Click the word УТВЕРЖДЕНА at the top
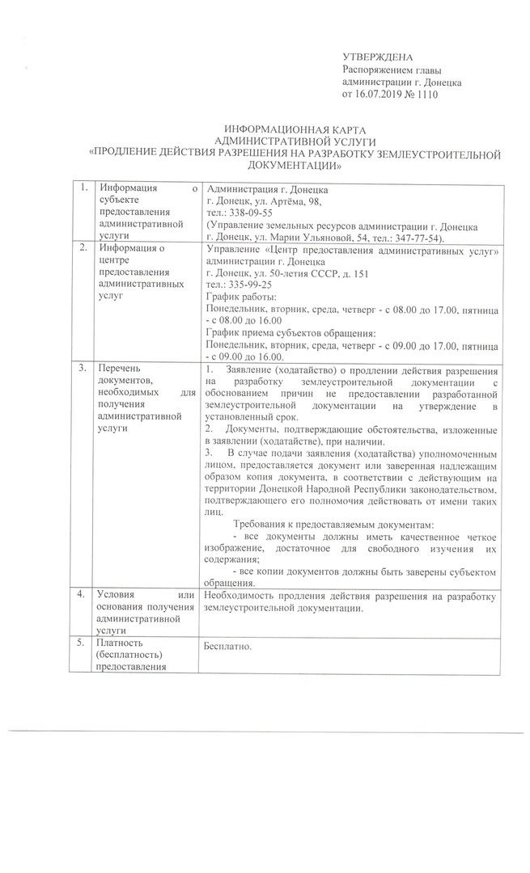378,58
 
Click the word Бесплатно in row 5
230,647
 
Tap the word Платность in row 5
118,643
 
